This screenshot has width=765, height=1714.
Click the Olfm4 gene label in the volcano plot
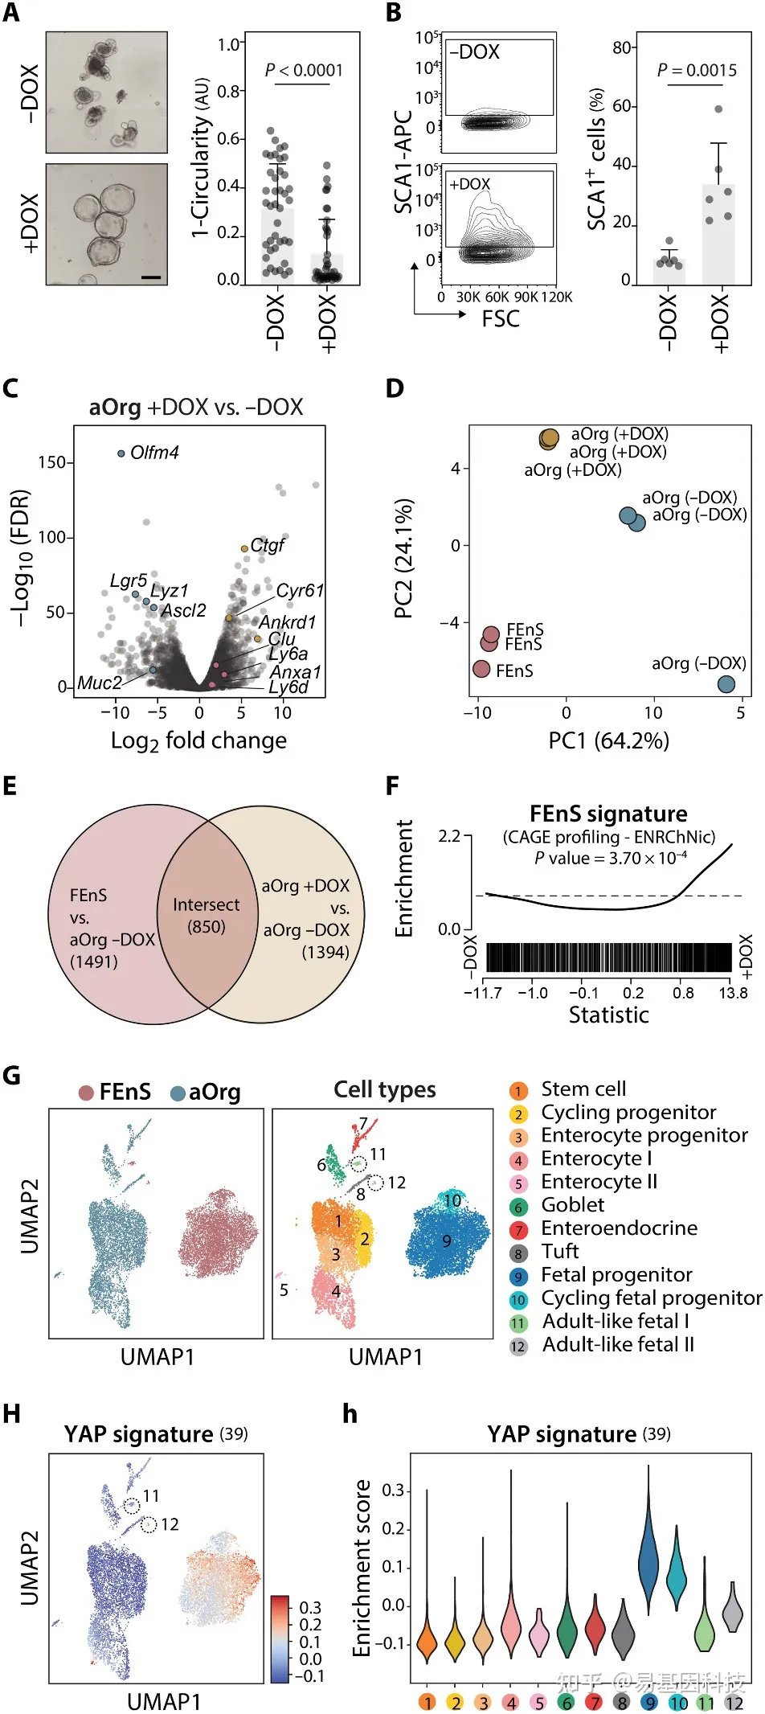point(154,453)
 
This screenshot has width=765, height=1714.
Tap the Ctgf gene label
point(267,545)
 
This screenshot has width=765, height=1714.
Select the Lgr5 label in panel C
point(129,581)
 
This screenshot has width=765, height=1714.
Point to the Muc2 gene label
point(99,683)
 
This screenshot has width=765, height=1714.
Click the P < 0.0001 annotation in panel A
point(304,71)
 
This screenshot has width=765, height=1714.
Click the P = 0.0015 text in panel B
point(697,71)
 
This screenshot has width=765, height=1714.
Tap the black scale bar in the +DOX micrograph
point(151,277)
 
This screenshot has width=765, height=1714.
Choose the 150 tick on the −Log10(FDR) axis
point(51,462)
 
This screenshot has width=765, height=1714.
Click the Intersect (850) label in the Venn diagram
point(206,915)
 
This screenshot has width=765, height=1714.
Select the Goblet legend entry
point(572,1204)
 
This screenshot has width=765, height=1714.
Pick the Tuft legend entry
point(559,1251)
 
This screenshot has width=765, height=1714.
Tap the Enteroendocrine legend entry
point(619,1228)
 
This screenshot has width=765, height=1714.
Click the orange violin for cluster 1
point(427,1640)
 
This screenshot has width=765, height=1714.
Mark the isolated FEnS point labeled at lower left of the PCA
point(481,669)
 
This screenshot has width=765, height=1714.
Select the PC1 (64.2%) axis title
point(608,740)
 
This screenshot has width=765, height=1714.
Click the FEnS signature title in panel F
point(608,814)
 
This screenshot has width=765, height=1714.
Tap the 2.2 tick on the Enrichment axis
point(449,837)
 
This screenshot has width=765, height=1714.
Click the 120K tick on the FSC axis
point(557,297)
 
